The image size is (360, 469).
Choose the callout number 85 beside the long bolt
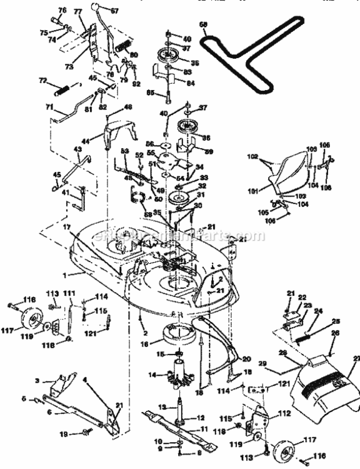pyautogui.click(x=149, y=93)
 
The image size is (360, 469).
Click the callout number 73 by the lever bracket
pyautogui.click(x=68, y=66)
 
